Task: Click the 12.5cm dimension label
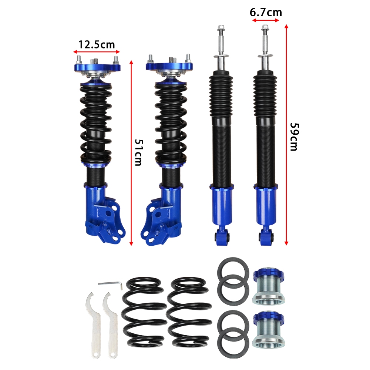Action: (x=96, y=45)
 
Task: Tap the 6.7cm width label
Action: (x=266, y=13)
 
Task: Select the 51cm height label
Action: (x=139, y=152)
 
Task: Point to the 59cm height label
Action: (x=294, y=137)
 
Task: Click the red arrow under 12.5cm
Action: (x=96, y=52)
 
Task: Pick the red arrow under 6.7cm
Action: (x=266, y=20)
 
